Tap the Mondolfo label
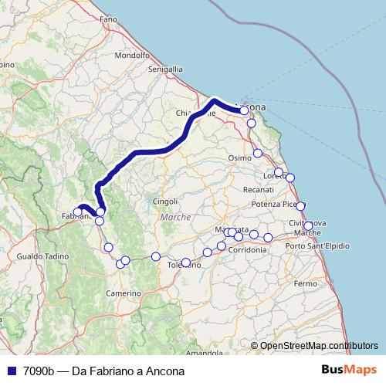pyautogui.click(x=131, y=56)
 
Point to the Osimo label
pyautogui.click(x=240, y=157)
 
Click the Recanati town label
pyautogui.click(x=258, y=189)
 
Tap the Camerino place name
pyautogui.click(x=124, y=293)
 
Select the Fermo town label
pyautogui.click(x=306, y=284)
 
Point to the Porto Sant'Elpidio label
pyautogui.click(x=317, y=245)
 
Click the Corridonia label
pyautogui.click(x=248, y=251)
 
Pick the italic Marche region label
pyautogui.click(x=174, y=218)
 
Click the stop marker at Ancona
pyautogui.click(x=244, y=110)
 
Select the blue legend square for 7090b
pyautogui.click(x=10, y=371)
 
